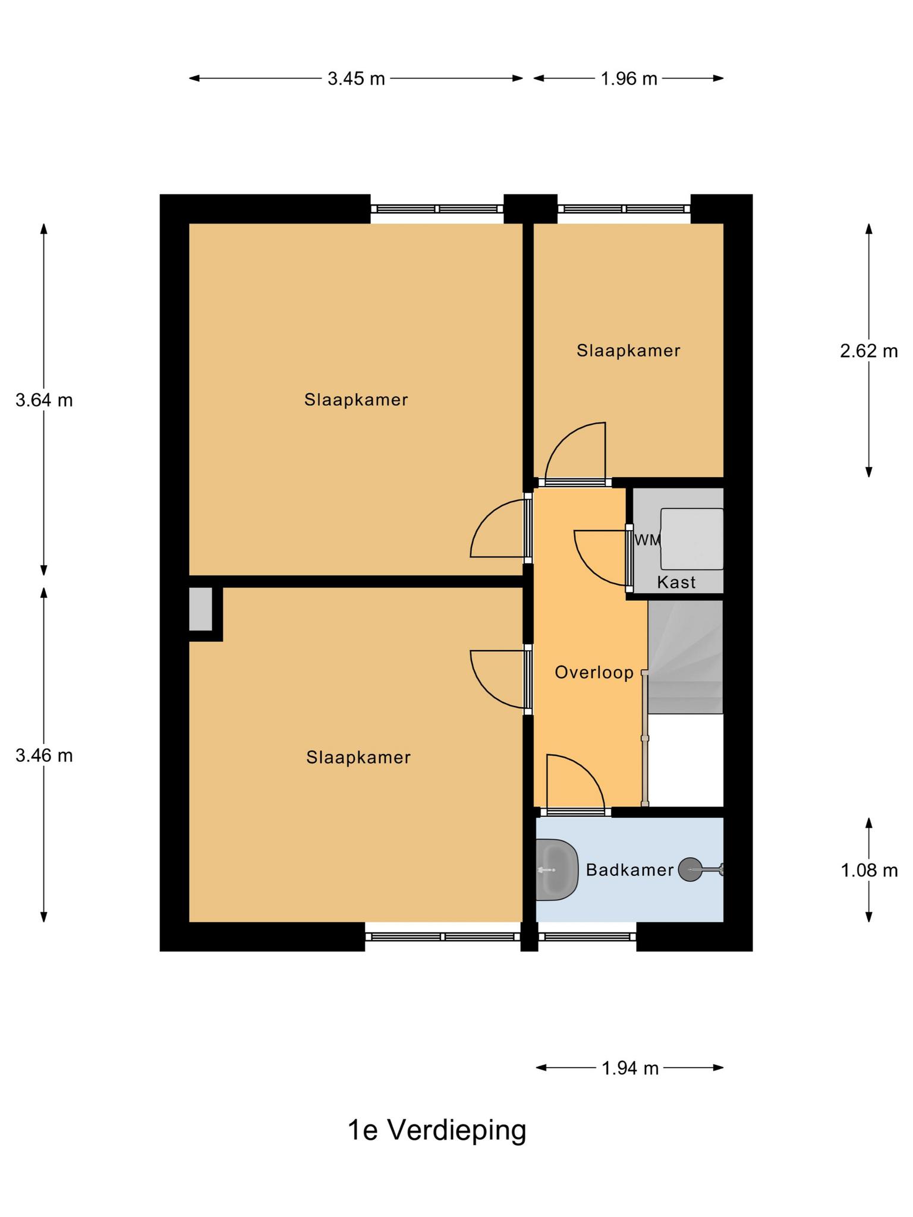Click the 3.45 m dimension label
pos(356,78)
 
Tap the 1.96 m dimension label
pos(629,78)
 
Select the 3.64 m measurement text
pos(44,401)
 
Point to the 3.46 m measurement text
pos(44,756)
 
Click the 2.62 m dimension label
pos(868,351)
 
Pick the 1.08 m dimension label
pos(868,871)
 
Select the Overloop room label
pos(594,673)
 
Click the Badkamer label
pos(629,870)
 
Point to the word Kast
pos(676,582)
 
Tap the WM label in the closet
pos(648,540)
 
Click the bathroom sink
pos(557,870)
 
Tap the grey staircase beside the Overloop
pos(685,657)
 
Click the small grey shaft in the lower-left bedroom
pos(200,609)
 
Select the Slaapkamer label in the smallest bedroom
pos(628,351)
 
